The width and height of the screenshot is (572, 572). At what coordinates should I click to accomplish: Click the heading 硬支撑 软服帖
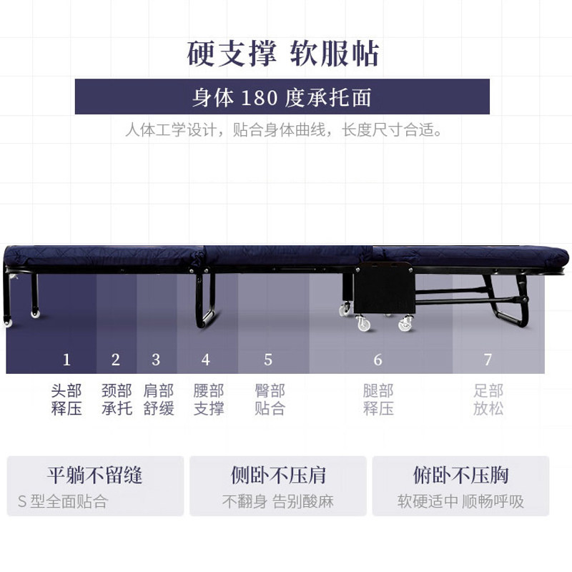click(x=282, y=54)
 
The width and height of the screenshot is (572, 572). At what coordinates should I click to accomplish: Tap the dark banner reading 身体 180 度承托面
click(x=282, y=97)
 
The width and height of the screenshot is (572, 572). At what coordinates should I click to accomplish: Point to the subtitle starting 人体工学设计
click(x=283, y=131)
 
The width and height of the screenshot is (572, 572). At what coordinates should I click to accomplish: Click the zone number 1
click(x=66, y=360)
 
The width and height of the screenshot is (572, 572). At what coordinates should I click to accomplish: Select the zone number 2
click(x=116, y=360)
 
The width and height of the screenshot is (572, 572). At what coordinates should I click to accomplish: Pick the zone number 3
click(x=156, y=360)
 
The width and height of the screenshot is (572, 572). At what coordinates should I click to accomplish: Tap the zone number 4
click(x=206, y=360)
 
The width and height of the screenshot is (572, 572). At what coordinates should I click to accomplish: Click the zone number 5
click(x=268, y=360)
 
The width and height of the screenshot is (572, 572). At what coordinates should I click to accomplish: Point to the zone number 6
click(x=378, y=360)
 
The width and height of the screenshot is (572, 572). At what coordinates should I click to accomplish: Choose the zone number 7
click(x=488, y=360)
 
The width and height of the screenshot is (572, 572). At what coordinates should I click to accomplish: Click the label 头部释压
click(x=66, y=400)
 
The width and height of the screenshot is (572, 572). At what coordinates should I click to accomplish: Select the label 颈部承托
click(x=117, y=400)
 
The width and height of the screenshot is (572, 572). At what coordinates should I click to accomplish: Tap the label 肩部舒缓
click(x=158, y=400)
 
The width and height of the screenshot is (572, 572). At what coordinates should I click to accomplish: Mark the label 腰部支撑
click(x=208, y=400)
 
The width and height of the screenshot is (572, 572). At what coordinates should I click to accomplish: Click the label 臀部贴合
click(x=270, y=400)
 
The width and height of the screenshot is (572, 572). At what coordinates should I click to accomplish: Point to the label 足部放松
click(x=488, y=400)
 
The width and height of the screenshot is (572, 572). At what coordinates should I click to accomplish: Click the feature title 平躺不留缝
click(x=95, y=475)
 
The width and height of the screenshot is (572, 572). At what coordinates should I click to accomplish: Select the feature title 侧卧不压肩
click(x=278, y=475)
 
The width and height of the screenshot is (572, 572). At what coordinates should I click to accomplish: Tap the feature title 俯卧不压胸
click(x=460, y=475)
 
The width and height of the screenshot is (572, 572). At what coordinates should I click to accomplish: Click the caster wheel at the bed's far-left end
click(x=9, y=322)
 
